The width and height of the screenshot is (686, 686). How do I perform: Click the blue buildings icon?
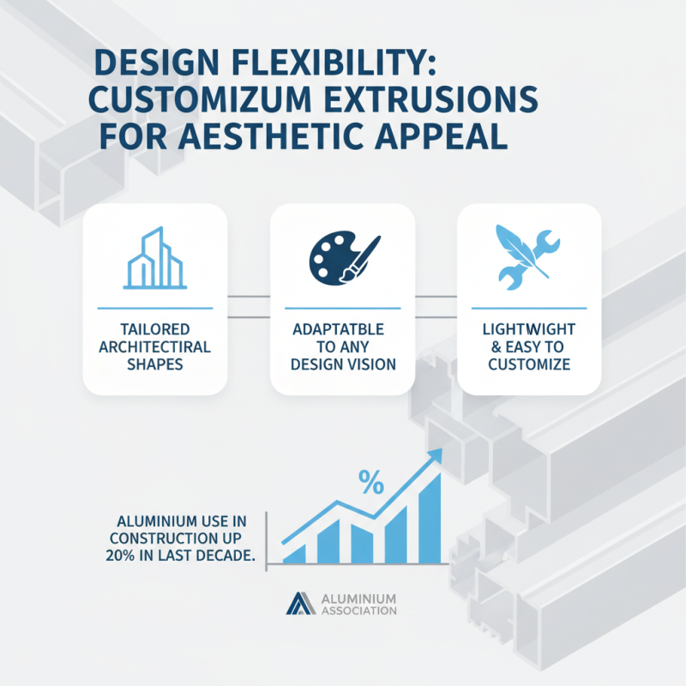click(x=155, y=258)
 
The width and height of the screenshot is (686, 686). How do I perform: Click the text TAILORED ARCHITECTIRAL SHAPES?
click(x=155, y=346)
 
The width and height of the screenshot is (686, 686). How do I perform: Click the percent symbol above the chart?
click(x=370, y=483)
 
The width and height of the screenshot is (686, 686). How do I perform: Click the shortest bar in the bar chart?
click(x=294, y=554)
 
